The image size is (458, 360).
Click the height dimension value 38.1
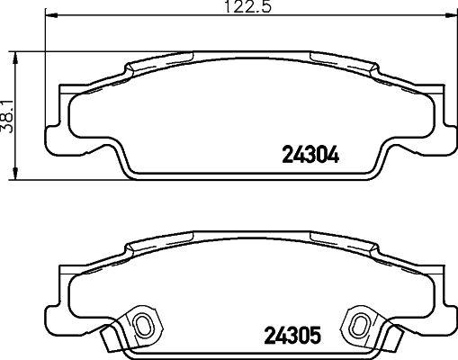click(8, 117)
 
